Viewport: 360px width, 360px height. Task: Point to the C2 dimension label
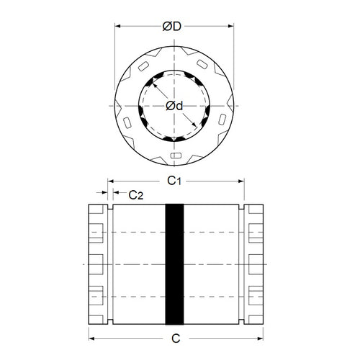pyautogui.click(x=135, y=195)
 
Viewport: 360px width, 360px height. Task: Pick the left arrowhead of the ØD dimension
pyautogui.click(x=119, y=27)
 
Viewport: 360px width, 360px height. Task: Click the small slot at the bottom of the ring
pyautogui.click(x=176, y=155)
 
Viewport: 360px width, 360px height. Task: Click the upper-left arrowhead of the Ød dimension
pyautogui.click(x=153, y=82)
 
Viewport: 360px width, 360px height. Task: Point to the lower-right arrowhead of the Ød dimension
pyautogui.click(x=198, y=130)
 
